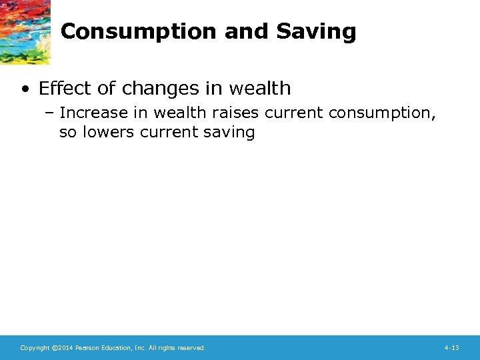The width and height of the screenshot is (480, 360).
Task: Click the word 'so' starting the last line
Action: click(x=67, y=132)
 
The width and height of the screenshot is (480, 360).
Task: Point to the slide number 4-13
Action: click(x=451, y=348)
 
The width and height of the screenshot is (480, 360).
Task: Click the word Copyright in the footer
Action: click(x=35, y=348)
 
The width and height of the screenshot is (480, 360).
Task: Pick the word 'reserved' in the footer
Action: click(x=191, y=348)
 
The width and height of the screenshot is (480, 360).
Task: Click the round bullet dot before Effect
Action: click(x=26, y=89)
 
